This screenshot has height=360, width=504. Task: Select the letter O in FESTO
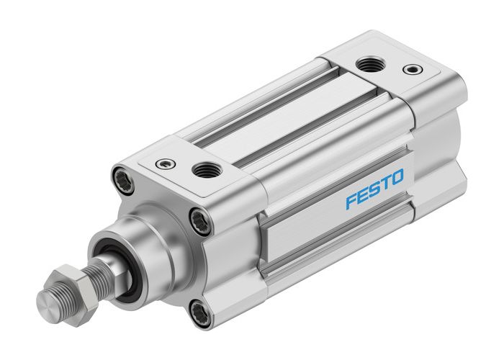pyautogui.click(x=397, y=176)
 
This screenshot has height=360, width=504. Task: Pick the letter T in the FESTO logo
pyautogui.click(x=385, y=182)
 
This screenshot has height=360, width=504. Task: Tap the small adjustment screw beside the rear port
pyautogui.click(x=411, y=70)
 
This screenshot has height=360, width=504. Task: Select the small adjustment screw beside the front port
pyautogui.click(x=165, y=163)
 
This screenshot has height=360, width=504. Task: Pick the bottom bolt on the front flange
pyautogui.click(x=199, y=312)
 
